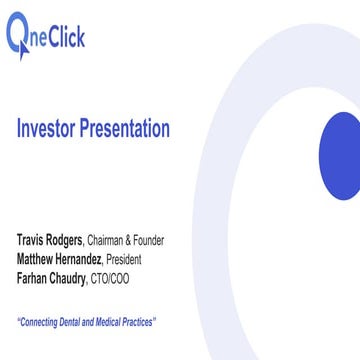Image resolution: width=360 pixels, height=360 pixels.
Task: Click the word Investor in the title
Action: coord(48,129)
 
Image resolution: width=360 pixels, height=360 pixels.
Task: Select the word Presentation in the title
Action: coord(125,129)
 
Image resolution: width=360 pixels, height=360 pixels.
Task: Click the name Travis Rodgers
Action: coord(50,241)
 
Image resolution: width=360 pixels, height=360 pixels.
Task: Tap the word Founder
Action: coord(146,241)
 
